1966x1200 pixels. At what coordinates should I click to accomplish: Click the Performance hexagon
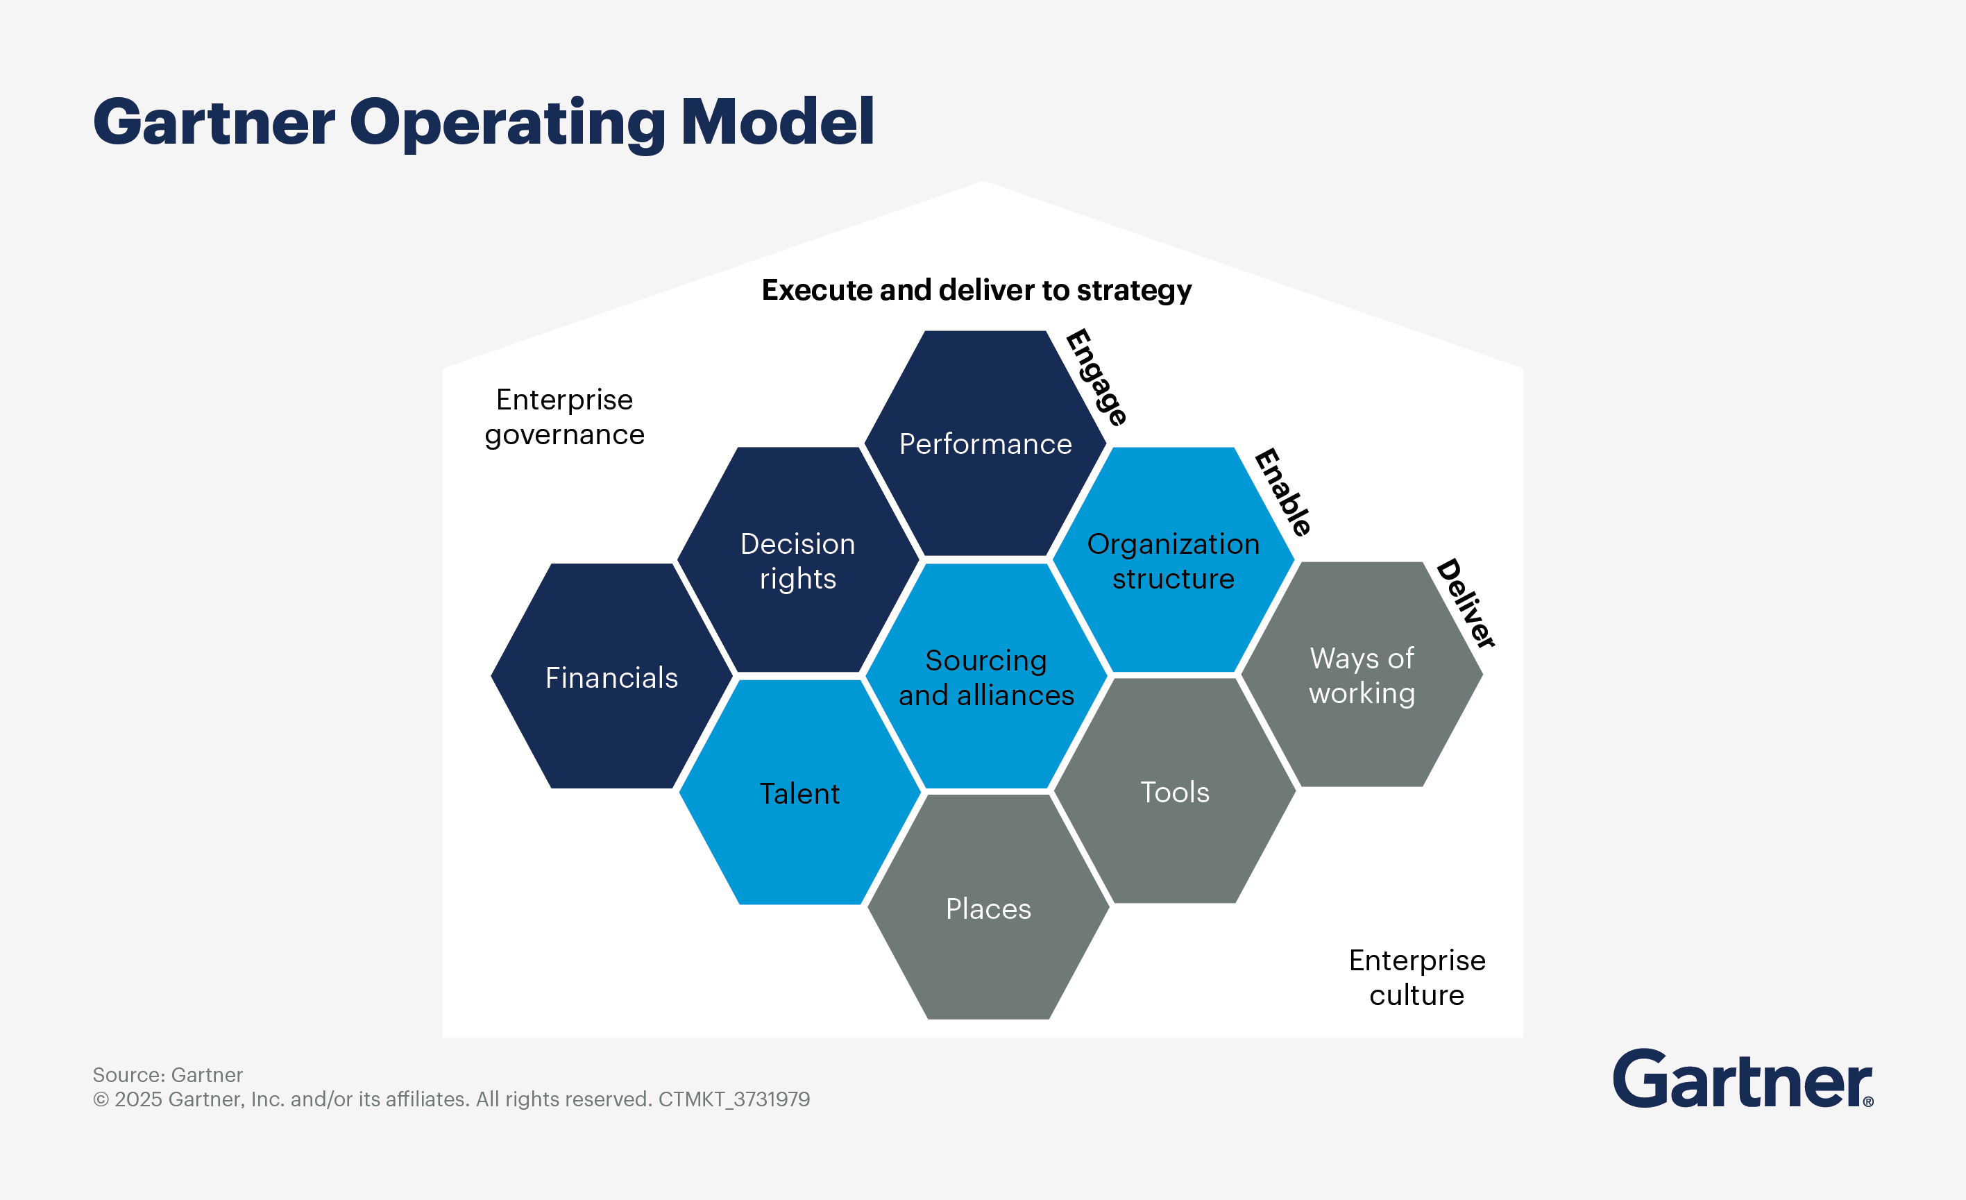[985, 443]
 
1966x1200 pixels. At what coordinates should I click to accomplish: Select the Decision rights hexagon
[798, 560]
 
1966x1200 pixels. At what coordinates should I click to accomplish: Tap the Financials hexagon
[612, 677]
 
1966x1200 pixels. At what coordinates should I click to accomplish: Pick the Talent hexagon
[799, 793]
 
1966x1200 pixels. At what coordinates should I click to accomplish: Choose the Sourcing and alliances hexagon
[986, 677]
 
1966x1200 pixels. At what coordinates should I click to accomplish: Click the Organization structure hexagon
[1173, 560]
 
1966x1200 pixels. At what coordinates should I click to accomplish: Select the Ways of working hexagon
[1362, 675]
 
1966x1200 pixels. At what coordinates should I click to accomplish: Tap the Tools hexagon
[1174, 791]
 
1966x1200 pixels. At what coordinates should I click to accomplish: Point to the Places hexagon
[988, 908]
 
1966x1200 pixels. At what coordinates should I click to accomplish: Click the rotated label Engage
[1097, 378]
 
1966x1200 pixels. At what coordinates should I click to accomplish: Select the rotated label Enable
[1283, 492]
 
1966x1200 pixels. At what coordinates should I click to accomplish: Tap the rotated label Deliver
[1466, 603]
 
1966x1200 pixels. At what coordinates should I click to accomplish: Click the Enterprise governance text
[564, 416]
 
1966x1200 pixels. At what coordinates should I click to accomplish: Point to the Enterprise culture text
[1416, 977]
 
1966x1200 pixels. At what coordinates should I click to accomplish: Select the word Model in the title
[777, 122]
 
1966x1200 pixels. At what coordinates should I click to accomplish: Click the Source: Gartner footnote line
[167, 1075]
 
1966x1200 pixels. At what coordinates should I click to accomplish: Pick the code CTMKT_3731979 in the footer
[734, 1099]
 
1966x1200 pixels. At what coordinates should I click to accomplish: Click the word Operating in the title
[507, 122]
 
